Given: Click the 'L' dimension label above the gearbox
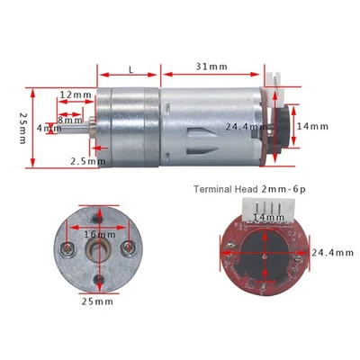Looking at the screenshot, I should coord(132,68).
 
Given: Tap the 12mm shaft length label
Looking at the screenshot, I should coord(76,95).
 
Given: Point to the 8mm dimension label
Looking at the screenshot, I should coord(70,120).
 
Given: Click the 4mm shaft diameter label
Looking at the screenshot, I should coord(44,129).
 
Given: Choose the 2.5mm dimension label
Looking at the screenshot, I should coord(82,161).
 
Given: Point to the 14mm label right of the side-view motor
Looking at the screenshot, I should coord(312,127).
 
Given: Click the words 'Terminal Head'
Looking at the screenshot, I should coord(221,189).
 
